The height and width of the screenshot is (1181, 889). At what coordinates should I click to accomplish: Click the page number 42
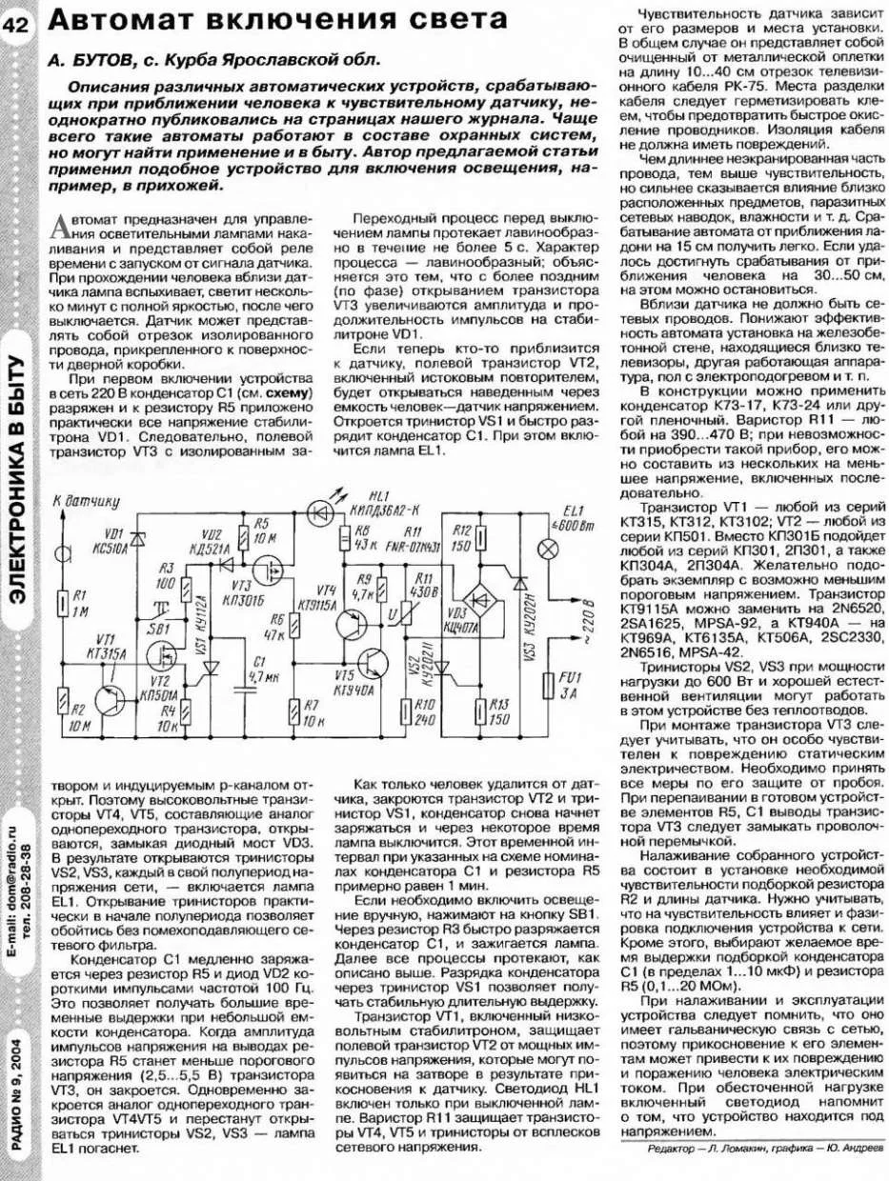(19, 26)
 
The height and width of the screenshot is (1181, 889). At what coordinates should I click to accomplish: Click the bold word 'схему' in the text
(291, 395)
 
